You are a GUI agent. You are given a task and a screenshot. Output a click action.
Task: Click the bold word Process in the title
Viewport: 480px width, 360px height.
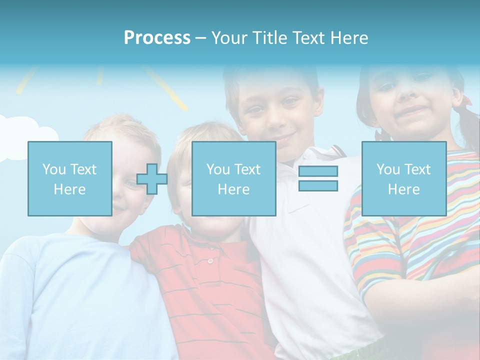(x=157, y=37)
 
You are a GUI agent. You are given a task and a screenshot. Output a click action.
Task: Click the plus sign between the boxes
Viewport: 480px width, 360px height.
(x=152, y=179)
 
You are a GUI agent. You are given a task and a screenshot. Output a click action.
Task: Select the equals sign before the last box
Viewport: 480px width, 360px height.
(x=318, y=178)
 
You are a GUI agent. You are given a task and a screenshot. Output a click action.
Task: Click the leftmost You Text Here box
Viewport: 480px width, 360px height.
(x=69, y=178)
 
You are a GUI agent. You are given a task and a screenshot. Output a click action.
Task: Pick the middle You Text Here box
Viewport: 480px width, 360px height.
(x=233, y=178)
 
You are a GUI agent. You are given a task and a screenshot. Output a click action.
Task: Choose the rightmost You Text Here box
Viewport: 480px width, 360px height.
(x=403, y=178)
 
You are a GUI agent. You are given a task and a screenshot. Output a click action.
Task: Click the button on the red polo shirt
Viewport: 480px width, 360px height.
(x=210, y=260)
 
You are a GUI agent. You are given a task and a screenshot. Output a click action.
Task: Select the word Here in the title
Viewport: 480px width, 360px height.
(x=348, y=37)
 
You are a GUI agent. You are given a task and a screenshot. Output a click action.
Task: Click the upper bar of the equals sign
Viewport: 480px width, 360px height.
(x=318, y=171)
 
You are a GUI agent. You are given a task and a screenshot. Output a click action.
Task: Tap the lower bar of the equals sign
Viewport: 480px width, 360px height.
(x=318, y=185)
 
